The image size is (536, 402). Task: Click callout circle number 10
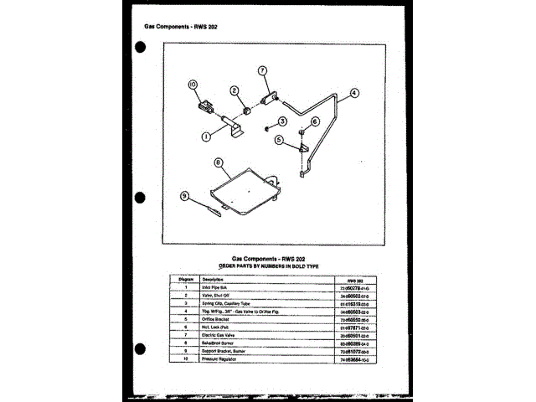pos(192,84)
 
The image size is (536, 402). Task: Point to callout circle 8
pos(218,162)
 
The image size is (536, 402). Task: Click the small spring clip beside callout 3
pos(265,127)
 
